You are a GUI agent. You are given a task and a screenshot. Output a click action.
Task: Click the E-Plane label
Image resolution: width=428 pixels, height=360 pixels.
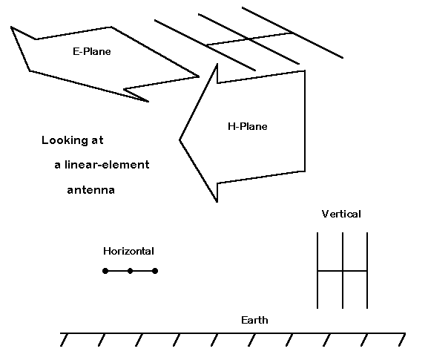tap(92, 51)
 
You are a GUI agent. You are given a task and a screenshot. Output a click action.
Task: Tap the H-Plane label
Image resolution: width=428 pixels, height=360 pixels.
tap(247, 126)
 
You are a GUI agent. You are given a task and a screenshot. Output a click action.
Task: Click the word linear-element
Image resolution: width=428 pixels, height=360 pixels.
tap(107, 165)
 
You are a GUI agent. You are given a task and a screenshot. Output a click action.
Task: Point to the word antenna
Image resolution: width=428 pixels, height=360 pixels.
tap(91, 190)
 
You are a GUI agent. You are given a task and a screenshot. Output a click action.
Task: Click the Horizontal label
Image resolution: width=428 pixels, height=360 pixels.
tap(128, 251)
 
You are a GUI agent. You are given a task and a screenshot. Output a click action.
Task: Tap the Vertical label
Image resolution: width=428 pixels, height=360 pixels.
tap(341, 214)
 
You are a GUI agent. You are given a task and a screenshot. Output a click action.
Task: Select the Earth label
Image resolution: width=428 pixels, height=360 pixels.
tap(254, 320)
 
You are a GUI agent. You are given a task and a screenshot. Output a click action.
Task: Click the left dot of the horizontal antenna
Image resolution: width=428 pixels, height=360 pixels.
tap(105, 271)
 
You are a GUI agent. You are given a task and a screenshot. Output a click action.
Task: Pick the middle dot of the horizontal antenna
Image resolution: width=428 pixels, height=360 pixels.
tap(131, 271)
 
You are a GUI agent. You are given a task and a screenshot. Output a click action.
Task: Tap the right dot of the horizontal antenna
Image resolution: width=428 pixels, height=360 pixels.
tap(155, 271)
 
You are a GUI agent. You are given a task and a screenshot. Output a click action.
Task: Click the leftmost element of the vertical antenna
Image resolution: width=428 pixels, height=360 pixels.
tap(317, 270)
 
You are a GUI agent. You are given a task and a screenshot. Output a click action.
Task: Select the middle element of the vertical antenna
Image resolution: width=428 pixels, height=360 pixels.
tap(343, 270)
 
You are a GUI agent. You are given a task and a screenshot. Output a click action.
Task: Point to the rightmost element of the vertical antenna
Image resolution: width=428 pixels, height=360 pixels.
tap(367, 270)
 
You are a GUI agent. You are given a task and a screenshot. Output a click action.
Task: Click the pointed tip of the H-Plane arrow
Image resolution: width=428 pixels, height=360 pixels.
tap(180, 140)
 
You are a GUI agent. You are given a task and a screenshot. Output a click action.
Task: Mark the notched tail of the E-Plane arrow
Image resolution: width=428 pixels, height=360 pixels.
tap(36, 39)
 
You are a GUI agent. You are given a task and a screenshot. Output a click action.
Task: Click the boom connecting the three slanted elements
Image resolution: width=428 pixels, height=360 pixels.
tap(249, 39)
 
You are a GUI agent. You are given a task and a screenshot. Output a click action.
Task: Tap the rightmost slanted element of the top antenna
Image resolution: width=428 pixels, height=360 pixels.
tap(292, 33)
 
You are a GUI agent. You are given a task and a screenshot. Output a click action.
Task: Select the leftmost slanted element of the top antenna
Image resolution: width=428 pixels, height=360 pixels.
tap(205, 45)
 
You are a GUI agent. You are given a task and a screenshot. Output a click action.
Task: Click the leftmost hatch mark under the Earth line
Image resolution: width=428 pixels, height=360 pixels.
tap(64, 340)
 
